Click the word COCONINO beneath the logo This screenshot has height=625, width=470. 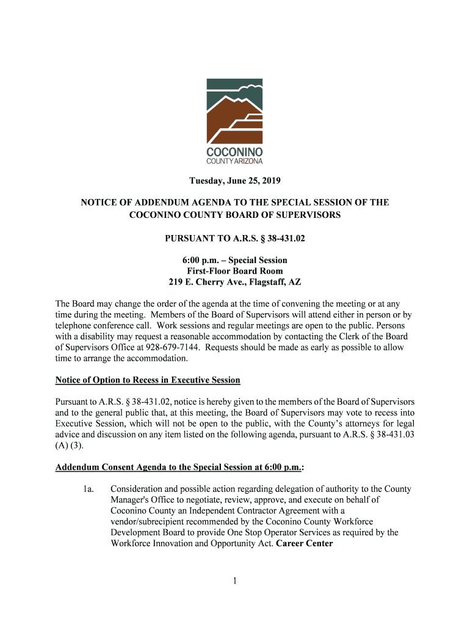234,151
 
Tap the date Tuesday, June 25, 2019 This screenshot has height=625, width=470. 234,181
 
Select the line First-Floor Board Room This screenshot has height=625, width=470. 234,271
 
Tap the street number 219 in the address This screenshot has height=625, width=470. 176,282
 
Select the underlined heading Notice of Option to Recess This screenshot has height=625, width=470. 148,380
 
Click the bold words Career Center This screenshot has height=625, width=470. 305,543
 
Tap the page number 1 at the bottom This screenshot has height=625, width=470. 234,581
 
